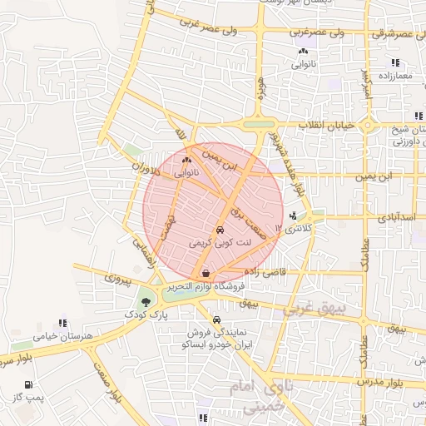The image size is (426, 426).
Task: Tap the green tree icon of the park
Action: (x=146, y=301)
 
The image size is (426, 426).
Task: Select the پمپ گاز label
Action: (x=30, y=399)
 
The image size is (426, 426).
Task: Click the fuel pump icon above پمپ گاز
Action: (x=30, y=384)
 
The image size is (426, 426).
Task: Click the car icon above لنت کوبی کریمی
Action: (x=219, y=230)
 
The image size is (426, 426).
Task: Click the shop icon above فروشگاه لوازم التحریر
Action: (x=206, y=272)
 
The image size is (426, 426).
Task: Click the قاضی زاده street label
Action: (x=265, y=271)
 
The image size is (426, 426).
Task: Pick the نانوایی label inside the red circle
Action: (x=186, y=175)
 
